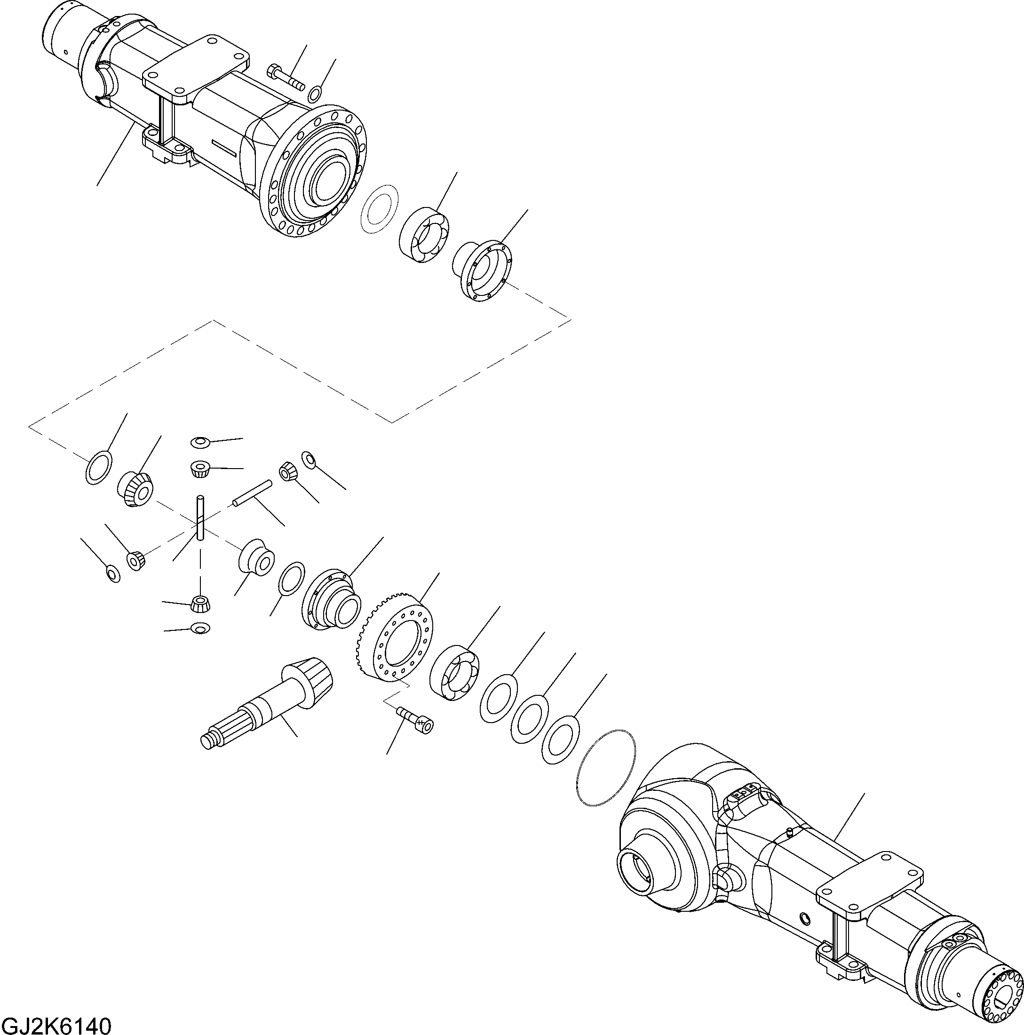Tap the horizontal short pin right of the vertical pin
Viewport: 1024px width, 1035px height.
pyautogui.click(x=252, y=493)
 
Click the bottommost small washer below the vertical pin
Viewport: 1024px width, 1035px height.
pyautogui.click(x=200, y=628)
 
